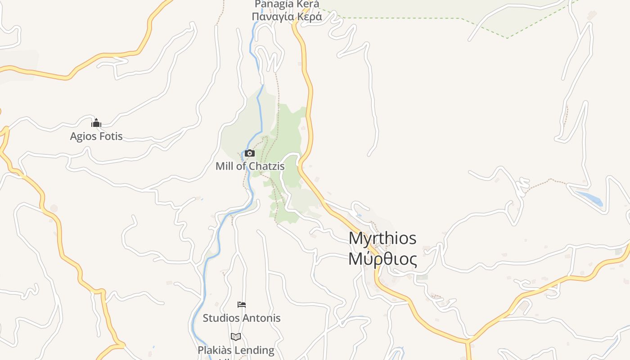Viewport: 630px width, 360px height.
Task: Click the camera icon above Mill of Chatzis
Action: point(249,153)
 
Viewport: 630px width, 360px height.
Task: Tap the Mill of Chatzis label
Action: point(250,166)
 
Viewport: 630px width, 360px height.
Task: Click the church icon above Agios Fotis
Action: point(96,123)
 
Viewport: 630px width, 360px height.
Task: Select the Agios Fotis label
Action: point(96,136)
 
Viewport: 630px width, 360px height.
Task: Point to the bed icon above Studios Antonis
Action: point(242,305)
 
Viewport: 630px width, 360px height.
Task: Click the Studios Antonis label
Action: point(242,318)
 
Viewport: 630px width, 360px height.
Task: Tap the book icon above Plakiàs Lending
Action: point(236,337)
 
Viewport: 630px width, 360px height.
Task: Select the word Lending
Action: point(256,350)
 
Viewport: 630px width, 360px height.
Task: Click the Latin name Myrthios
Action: point(382,238)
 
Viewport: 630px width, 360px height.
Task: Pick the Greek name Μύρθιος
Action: point(382,259)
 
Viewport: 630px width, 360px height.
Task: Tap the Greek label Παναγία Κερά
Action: point(287,17)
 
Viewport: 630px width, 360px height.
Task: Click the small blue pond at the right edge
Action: point(589,198)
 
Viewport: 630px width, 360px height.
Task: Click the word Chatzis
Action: point(267,166)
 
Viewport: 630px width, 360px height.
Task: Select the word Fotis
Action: point(111,136)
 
